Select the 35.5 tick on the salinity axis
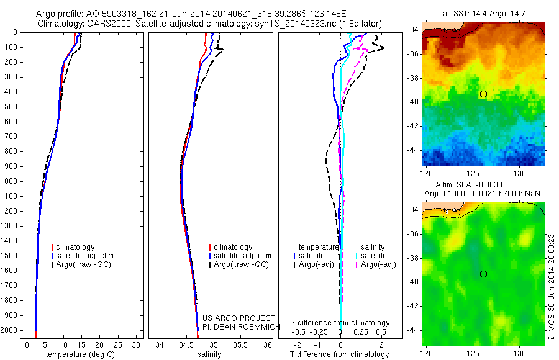[x=241, y=344]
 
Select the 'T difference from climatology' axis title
[x=339, y=354]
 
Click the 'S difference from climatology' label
[x=340, y=323]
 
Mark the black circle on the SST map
[x=483, y=94]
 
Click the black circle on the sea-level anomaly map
[x=483, y=274]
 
